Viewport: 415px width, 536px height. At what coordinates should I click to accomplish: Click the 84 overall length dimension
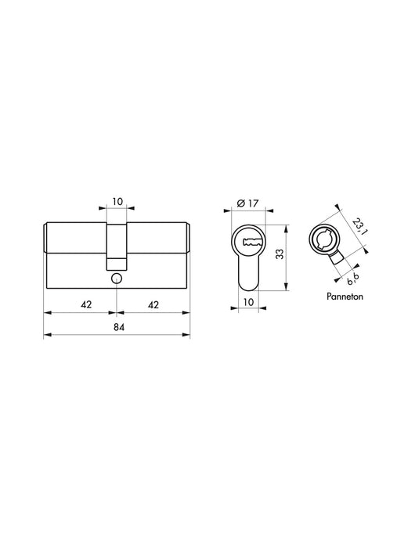(117, 327)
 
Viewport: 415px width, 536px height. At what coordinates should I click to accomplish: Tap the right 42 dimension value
(154, 305)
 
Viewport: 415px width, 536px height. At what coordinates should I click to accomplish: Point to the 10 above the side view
(117, 202)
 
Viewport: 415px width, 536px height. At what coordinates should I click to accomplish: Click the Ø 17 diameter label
(250, 204)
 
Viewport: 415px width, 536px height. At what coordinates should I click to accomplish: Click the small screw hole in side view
(117, 279)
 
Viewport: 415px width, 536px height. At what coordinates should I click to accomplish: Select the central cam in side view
(117, 243)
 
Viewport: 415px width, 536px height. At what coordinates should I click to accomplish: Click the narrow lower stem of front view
(250, 271)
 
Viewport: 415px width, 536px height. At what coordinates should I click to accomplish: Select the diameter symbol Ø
(240, 204)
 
